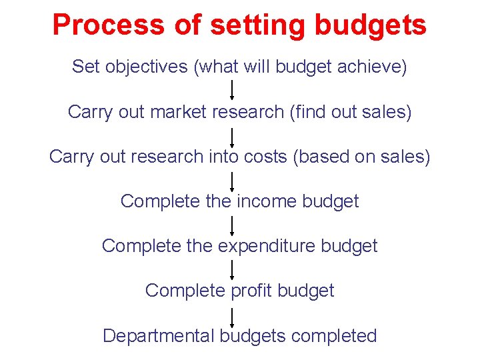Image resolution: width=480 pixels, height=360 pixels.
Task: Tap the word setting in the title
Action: [x=257, y=25]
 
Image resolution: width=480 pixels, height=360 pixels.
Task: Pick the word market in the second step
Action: [x=179, y=112]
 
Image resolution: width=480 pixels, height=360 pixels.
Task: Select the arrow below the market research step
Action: [x=232, y=137]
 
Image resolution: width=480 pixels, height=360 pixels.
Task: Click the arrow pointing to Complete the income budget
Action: [x=232, y=181]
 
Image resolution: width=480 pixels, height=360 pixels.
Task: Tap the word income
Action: [x=266, y=201]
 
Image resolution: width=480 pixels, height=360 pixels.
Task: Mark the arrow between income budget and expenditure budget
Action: [x=232, y=225]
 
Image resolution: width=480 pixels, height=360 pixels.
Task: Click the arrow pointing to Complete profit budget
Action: [x=232, y=270]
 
